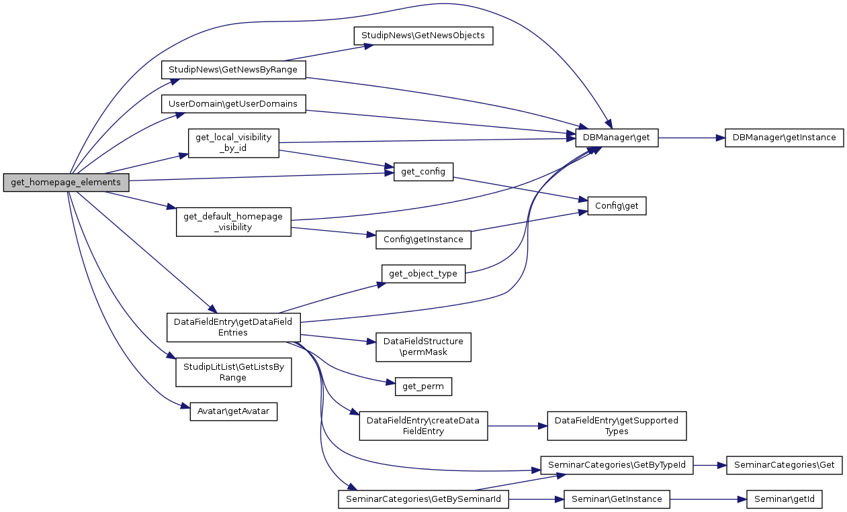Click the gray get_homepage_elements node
coord(66,183)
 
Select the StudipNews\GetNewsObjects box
coord(424,36)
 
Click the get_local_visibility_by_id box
coord(233,143)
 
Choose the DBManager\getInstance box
coord(784,138)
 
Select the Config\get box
coord(617,206)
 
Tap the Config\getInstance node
coord(422,240)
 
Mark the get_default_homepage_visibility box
coord(233,221)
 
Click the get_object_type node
coord(423,274)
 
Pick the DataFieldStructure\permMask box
coord(423,347)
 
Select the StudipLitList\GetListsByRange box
coord(233,372)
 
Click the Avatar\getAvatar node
coord(233,411)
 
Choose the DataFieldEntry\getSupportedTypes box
coord(617,426)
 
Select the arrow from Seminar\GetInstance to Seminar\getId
coord(708,499)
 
